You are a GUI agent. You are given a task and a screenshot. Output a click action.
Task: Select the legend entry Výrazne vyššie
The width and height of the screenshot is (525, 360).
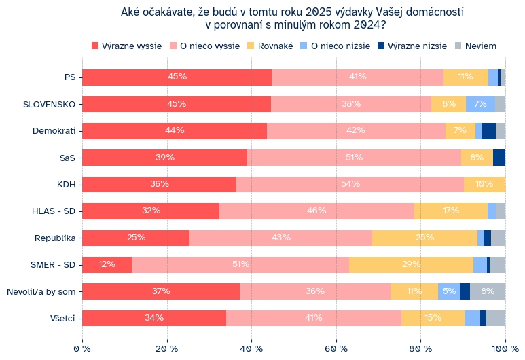point(126,46)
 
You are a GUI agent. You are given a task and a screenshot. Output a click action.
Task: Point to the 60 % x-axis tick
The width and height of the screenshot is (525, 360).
point(336,348)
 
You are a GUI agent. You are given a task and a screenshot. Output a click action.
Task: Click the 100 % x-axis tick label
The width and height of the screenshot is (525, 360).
point(504,348)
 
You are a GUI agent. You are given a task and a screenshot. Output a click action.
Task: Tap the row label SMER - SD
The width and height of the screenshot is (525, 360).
point(54,265)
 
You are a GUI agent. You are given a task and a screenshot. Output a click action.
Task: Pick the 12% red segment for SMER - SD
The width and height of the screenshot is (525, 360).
point(107,265)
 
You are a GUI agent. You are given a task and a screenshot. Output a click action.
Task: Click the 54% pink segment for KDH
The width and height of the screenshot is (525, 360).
point(350,184)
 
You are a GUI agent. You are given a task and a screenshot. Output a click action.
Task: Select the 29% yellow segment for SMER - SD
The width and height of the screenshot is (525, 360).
point(411,265)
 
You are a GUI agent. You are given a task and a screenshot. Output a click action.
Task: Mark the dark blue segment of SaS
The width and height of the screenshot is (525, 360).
point(499,158)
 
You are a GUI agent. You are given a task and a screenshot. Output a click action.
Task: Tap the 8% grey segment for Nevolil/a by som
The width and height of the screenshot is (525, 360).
point(488,291)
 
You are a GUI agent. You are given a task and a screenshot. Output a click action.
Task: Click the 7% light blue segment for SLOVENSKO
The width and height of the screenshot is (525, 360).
point(480,104)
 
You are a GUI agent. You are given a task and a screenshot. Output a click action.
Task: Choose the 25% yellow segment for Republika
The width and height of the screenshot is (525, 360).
point(424,238)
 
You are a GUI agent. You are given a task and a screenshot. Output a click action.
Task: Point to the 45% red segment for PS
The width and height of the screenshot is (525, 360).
point(177,77)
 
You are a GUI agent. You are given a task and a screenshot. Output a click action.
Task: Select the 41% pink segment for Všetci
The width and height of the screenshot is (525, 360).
point(313,318)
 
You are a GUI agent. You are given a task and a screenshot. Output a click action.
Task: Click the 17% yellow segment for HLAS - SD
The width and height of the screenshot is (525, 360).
point(450,211)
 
